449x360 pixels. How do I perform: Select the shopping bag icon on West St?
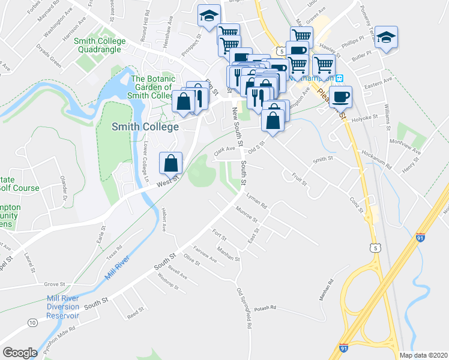pos(171,163)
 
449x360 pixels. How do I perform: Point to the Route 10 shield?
pos(32,323)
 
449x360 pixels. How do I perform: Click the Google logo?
pos(20,353)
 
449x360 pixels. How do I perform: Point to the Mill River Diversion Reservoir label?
pos(63,307)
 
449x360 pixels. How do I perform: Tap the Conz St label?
pos(357,206)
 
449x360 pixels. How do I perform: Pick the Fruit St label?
pos(300,178)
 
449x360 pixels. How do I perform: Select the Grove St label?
pos(54,284)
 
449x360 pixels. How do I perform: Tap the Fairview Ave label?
pos(205,253)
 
